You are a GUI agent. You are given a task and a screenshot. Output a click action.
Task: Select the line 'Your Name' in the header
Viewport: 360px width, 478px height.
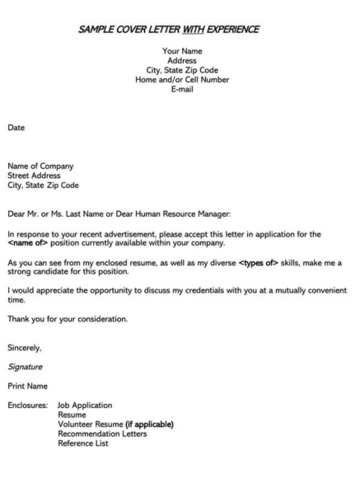(182, 52)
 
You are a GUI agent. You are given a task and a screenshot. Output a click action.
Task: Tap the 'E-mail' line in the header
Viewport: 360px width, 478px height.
(182, 89)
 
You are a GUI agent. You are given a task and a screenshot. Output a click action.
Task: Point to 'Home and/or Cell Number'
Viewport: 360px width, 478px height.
(182, 80)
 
